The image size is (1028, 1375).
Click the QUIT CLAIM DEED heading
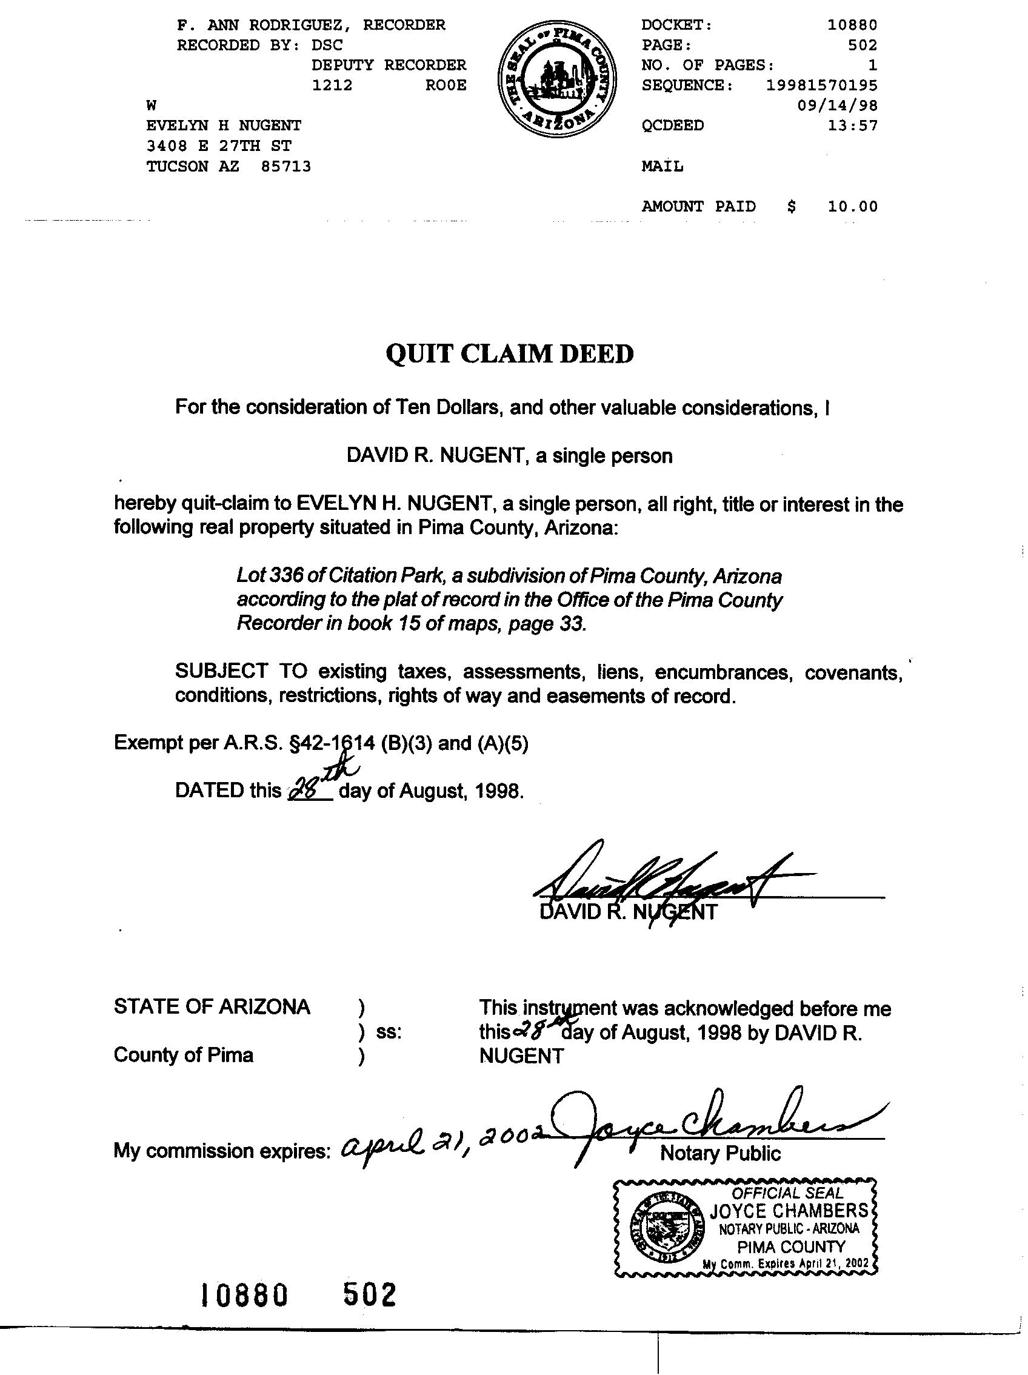click(x=509, y=353)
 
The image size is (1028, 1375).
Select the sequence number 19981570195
click(x=821, y=85)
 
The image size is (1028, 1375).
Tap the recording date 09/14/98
click(x=837, y=105)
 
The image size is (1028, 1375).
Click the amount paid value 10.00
click(x=852, y=206)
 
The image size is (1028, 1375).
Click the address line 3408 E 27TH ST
click(x=219, y=146)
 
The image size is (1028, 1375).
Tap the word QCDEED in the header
click(x=672, y=125)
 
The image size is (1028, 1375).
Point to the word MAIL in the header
click(x=662, y=167)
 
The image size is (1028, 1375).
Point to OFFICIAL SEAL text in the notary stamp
click(x=787, y=1193)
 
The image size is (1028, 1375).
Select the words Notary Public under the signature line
click(x=719, y=1153)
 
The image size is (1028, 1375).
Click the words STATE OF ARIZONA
click(x=212, y=1006)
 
